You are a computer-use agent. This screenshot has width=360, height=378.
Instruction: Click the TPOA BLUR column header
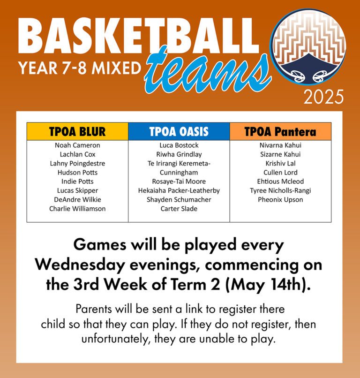(77, 132)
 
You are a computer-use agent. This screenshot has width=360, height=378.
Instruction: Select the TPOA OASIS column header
(179, 132)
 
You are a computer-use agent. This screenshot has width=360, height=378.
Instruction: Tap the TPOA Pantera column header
(280, 132)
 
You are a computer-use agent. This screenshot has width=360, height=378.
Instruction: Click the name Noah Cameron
(77, 145)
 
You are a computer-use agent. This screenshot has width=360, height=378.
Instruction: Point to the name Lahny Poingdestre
(77, 164)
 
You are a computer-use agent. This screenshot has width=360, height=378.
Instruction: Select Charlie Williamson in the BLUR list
(77, 209)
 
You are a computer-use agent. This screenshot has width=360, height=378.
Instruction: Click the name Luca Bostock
(179, 145)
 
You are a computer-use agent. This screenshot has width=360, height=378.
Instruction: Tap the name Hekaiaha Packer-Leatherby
(179, 191)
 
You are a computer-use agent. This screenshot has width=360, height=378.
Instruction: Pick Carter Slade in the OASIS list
(179, 209)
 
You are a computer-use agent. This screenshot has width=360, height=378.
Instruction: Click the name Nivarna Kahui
(280, 145)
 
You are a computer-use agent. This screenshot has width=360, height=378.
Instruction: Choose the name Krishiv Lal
(280, 164)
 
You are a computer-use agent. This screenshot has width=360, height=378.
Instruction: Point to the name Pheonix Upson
(280, 200)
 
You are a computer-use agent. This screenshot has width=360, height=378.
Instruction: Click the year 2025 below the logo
(323, 97)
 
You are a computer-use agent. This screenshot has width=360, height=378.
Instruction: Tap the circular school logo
(309, 47)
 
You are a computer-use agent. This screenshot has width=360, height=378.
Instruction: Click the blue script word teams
(207, 72)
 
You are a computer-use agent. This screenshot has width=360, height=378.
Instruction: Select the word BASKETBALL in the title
(139, 36)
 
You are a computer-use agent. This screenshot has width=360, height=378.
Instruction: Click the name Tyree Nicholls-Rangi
(280, 191)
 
